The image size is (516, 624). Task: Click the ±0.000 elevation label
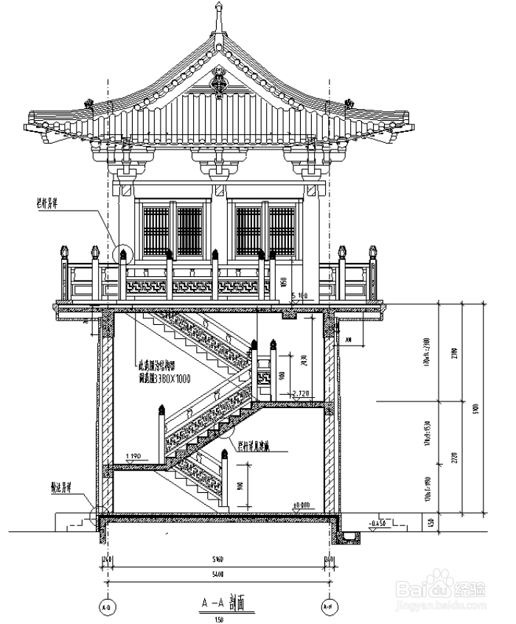pos(301,505)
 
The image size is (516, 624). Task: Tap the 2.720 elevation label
pos(302,395)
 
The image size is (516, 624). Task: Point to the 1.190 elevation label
pos(133,458)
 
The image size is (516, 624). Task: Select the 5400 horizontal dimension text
pos(217,572)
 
